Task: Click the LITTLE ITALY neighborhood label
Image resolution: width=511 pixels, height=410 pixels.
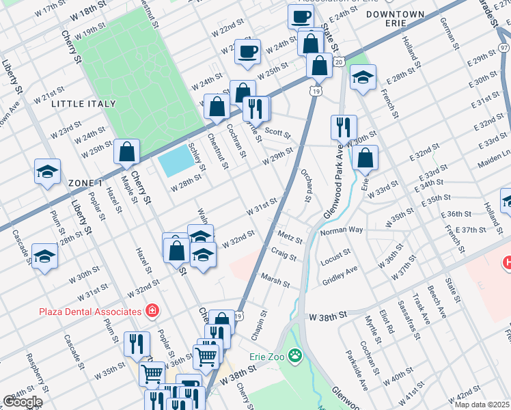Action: (x=83, y=104)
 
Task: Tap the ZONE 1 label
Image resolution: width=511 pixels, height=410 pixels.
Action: (x=85, y=183)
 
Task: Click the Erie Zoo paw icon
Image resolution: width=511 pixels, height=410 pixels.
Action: (x=294, y=355)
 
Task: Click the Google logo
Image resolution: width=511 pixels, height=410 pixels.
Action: (x=23, y=402)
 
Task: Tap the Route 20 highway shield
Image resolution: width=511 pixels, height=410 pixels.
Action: (x=338, y=62)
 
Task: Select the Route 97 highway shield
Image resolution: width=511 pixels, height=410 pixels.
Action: (x=503, y=47)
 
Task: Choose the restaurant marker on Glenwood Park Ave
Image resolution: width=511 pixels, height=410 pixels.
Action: (x=344, y=127)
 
